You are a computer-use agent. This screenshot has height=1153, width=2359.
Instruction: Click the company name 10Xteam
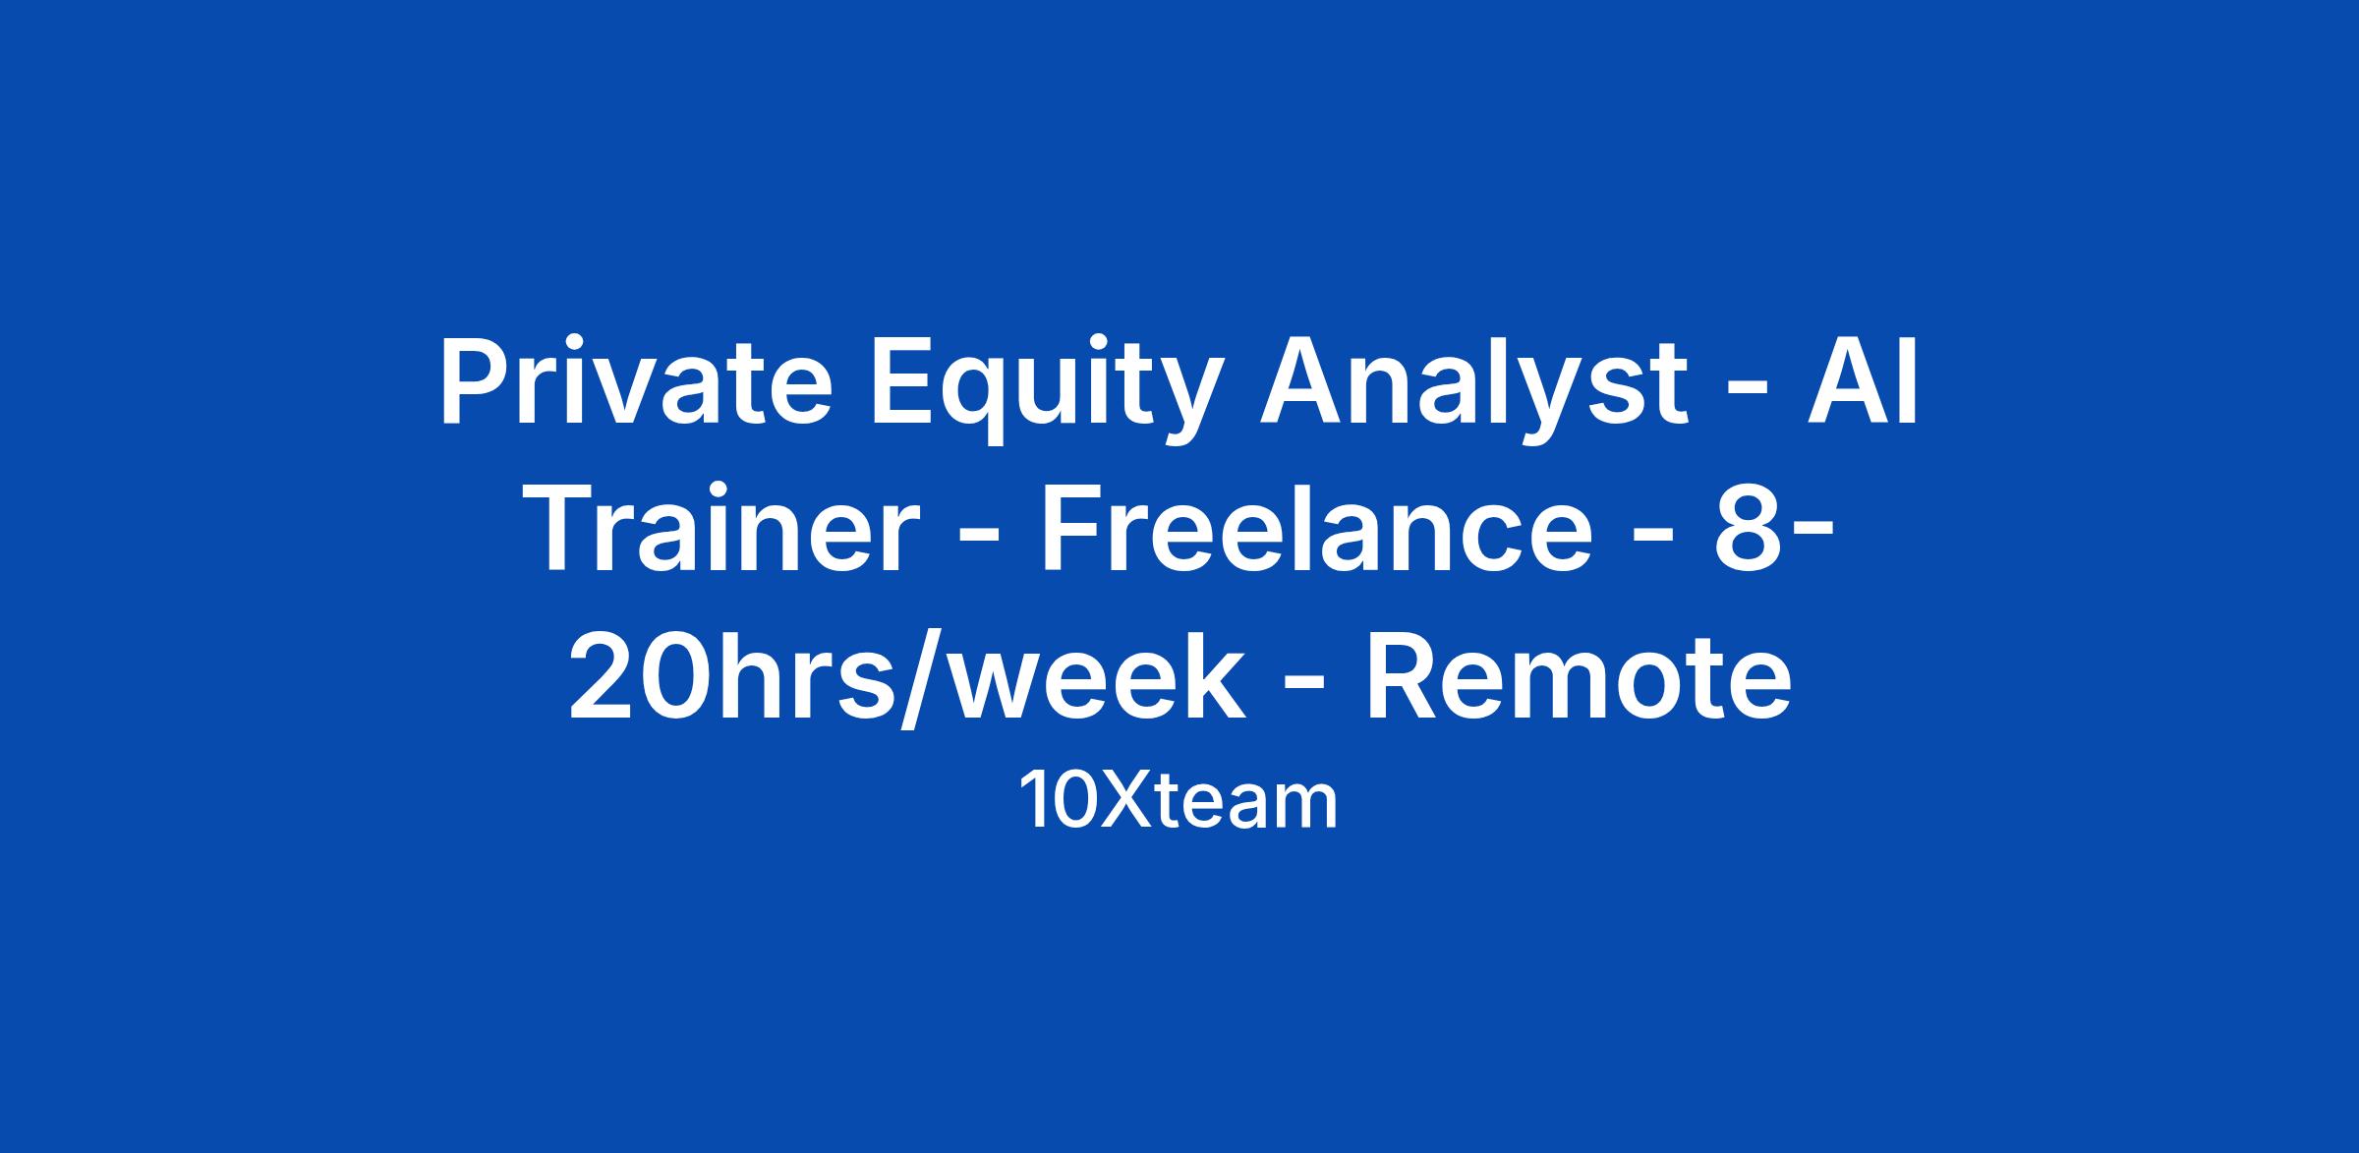pyautogui.click(x=1179, y=801)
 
